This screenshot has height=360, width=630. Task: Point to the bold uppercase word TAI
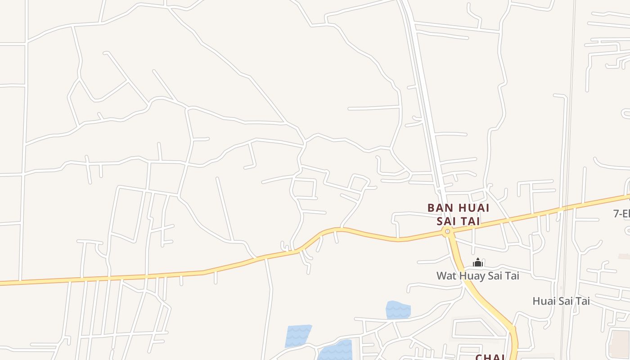tap(469, 221)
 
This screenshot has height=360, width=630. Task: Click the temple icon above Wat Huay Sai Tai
tap(478, 263)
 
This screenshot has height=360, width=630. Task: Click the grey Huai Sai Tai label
tap(561, 301)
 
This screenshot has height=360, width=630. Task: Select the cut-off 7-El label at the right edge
tap(621, 214)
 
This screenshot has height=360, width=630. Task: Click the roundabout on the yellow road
tap(447, 232)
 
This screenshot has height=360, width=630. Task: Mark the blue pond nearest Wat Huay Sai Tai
tap(398, 310)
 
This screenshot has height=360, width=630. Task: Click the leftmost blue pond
tap(298, 336)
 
